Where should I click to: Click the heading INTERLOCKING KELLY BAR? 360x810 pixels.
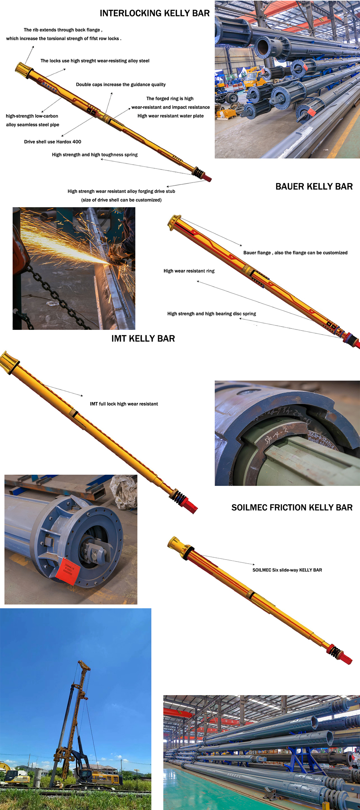click(154, 13)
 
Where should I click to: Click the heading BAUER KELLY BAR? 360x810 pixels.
click(314, 187)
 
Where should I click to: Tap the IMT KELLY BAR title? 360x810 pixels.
click(143, 339)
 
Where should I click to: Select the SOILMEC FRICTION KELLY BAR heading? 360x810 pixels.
click(292, 508)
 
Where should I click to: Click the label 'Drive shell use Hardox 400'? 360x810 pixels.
click(52, 142)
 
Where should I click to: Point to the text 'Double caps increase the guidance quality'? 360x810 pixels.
click(121, 85)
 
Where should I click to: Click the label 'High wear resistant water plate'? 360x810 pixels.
click(170, 116)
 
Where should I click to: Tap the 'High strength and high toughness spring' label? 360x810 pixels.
click(95, 155)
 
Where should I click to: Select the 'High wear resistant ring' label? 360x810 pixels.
click(189, 271)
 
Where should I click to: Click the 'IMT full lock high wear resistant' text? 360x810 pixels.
click(124, 404)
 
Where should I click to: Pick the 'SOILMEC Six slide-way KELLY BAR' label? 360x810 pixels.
click(287, 570)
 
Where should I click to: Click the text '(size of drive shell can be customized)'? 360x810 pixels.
click(121, 200)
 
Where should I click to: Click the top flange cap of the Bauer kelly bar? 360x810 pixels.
click(174, 221)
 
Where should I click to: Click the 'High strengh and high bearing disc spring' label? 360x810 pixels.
click(211, 314)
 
